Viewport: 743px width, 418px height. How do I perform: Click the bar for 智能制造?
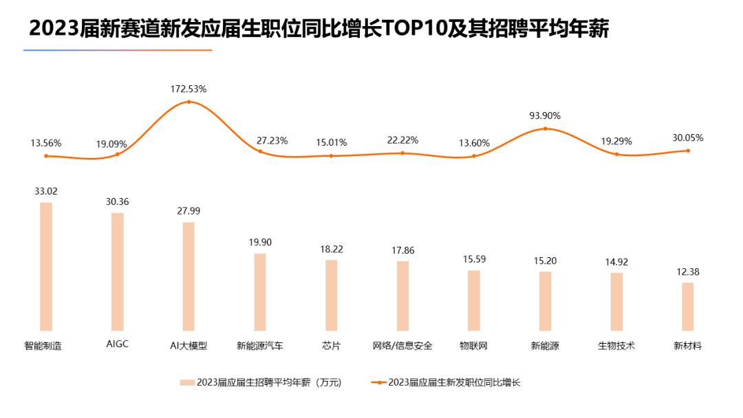click(46, 266)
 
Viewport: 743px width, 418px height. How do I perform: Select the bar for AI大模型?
click(189, 276)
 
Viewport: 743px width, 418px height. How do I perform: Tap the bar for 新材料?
click(688, 306)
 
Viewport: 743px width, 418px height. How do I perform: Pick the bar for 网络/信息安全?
click(402, 296)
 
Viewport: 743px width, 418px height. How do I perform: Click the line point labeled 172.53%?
click(189, 102)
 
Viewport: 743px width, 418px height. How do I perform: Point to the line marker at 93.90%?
click(546, 129)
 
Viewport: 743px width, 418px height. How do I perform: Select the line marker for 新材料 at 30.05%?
click(688, 151)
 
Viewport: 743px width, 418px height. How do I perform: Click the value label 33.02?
click(46, 191)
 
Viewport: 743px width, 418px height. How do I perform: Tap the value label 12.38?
click(688, 272)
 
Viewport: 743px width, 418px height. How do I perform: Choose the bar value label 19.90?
click(260, 243)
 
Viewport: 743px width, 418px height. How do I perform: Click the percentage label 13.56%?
click(46, 143)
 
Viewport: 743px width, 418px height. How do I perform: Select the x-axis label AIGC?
click(118, 344)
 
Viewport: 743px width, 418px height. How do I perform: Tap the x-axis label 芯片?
click(331, 346)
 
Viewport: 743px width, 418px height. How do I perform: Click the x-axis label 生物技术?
click(616, 346)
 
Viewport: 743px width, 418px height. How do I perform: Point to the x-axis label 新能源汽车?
click(260, 346)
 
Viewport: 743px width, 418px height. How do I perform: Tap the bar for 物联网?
click(474, 300)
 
